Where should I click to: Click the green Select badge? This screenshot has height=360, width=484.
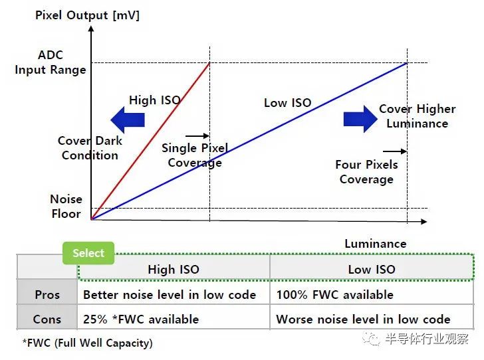tap(88, 253)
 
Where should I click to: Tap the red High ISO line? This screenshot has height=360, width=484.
tap(150, 141)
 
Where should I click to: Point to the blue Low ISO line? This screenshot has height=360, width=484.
tap(249, 141)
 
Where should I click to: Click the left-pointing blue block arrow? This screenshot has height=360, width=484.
tap(128, 120)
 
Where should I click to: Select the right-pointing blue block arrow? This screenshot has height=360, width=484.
tap(360, 119)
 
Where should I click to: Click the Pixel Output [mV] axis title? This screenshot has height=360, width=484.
tap(87, 15)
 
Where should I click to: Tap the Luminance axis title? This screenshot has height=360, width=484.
tap(376, 244)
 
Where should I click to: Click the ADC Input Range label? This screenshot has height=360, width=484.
tap(51, 62)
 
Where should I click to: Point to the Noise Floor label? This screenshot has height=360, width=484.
tap(66, 207)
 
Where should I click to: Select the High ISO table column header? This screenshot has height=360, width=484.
tap(174, 269)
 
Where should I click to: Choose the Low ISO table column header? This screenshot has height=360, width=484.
tap(372, 269)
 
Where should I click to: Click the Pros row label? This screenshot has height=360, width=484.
tap(47, 295)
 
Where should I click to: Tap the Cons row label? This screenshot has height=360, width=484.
tap(47, 319)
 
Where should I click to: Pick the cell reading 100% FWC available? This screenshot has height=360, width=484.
tap(335, 295)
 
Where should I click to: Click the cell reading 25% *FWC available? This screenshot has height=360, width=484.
tap(141, 319)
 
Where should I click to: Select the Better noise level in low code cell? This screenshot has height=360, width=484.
tap(170, 295)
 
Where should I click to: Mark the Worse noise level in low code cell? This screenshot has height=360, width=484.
tap(363, 319)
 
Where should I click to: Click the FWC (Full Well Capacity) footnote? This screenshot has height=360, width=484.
tap(87, 343)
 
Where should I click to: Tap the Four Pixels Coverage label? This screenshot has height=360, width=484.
tap(366, 172)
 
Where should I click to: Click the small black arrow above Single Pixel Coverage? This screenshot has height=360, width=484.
tap(197, 135)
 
